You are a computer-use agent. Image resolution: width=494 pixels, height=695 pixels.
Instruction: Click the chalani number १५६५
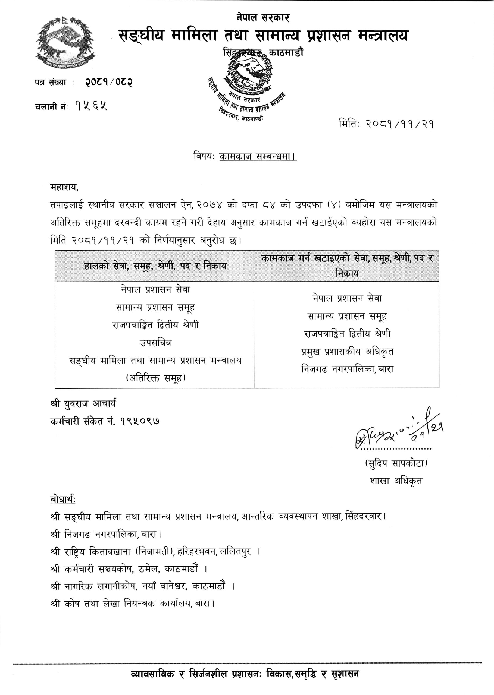point(91,106)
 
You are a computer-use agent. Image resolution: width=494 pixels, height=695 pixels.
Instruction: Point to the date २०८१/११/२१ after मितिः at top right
point(400,124)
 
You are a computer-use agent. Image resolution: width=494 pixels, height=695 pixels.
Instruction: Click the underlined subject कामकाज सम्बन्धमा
point(258,157)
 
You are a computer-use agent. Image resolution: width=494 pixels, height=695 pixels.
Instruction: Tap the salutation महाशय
point(64,188)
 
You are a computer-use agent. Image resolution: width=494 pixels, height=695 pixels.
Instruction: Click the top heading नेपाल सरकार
point(263,18)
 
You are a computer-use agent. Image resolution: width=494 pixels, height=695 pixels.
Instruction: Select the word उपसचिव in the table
point(155,343)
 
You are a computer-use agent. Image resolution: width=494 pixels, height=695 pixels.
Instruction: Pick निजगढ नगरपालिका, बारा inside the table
point(347,369)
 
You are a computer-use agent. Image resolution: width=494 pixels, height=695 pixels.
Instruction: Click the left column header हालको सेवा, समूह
point(155,266)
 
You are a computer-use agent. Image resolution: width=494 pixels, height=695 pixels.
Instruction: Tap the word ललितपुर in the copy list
point(236,551)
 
